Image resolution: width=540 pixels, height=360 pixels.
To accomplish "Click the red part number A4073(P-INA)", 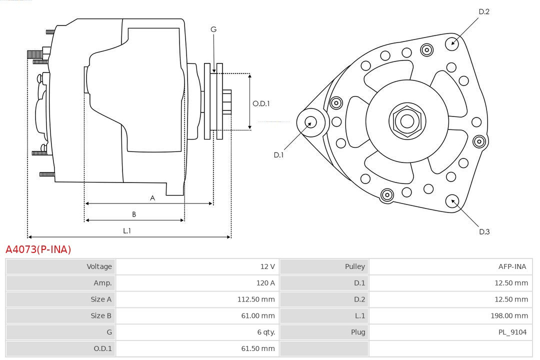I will click(38, 249).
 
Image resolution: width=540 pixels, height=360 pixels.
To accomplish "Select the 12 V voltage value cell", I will click(267, 266).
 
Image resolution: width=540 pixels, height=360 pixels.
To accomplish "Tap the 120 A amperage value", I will click(265, 283).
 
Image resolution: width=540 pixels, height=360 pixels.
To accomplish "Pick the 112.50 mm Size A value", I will click(256, 299).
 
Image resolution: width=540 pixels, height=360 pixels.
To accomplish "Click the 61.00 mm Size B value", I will click(258, 315).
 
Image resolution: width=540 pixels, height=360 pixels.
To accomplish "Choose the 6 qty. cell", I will click(266, 332).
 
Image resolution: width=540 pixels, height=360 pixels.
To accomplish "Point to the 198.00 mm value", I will click(509, 315).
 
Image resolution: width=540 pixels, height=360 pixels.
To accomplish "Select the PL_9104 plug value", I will click(512, 332).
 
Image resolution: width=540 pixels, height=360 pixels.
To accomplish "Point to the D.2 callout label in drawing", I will click(483, 11).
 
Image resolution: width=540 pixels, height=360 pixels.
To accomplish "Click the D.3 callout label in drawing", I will click(484, 231).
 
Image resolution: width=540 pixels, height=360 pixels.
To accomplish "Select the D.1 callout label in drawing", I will click(278, 155).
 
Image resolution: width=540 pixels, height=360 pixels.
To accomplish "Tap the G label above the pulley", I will click(213, 29).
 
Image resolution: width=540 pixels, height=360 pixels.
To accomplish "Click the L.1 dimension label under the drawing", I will click(127, 230).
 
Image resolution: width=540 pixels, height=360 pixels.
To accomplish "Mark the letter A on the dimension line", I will click(152, 198).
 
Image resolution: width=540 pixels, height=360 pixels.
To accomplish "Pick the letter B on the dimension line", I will click(134, 214).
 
